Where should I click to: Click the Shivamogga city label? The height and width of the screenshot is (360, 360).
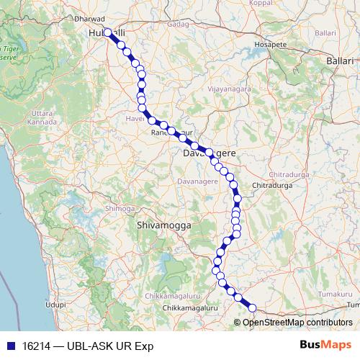[163, 225]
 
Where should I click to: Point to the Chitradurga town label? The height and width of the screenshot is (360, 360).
[271, 186]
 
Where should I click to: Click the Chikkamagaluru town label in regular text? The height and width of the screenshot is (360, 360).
[190, 308]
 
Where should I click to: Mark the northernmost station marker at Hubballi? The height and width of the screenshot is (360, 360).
[107, 32]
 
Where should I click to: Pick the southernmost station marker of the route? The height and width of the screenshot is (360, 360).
[252, 308]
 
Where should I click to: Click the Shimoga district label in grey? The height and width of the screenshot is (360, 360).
[120, 208]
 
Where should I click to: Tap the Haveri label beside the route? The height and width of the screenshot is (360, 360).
[135, 118]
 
